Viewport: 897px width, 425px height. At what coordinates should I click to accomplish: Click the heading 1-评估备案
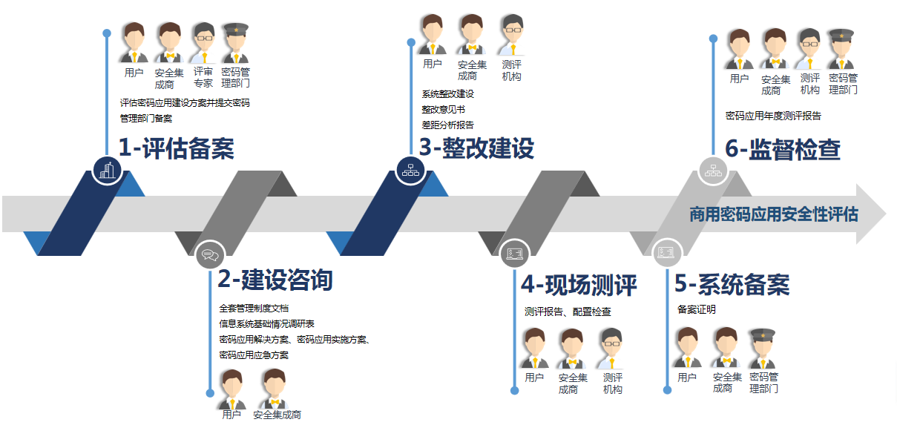[x=177, y=149]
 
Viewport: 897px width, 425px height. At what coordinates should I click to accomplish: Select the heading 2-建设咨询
[x=275, y=280]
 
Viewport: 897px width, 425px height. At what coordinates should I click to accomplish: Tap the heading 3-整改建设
[x=476, y=148]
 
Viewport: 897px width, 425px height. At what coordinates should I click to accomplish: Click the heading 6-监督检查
[x=783, y=149]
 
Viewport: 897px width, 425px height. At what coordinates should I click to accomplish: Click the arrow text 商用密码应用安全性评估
[x=774, y=214]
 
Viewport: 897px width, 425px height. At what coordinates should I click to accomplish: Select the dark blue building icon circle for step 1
[x=108, y=169]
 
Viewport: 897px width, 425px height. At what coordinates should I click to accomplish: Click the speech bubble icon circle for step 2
[x=210, y=256]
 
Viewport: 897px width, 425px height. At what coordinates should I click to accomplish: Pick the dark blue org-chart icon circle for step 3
[x=410, y=169]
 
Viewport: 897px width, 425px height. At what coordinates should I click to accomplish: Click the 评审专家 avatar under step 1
[x=203, y=43]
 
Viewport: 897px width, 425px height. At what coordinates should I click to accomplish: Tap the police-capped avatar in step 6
[x=842, y=50]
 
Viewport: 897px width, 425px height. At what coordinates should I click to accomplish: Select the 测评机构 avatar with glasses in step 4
[x=612, y=348]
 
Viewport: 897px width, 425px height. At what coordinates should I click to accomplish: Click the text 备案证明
[x=697, y=309]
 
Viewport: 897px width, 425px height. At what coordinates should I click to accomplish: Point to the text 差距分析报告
[x=447, y=125]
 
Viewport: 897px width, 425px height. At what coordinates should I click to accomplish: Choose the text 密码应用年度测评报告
[x=773, y=116]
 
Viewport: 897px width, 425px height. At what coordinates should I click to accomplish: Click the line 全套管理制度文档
[x=254, y=308]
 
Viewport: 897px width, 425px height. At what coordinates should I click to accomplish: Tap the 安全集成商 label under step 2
[x=277, y=415]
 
